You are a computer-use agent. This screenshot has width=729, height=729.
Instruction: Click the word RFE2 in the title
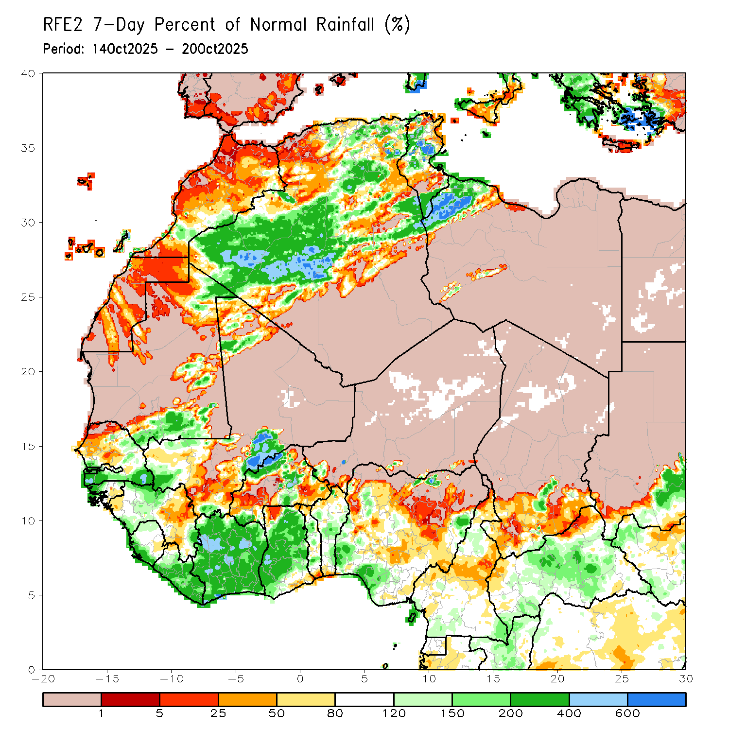click(x=61, y=25)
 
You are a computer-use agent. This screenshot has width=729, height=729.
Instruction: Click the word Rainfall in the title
click(x=345, y=25)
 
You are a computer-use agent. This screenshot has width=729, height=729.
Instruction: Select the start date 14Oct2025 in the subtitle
click(x=125, y=49)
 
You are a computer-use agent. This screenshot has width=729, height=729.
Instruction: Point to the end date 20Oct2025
click(x=215, y=49)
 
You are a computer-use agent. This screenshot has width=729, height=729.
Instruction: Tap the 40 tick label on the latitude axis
click(x=28, y=73)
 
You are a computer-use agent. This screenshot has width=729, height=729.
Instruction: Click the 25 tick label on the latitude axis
click(x=28, y=297)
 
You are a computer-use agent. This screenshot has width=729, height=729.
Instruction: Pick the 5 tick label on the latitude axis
click(x=31, y=595)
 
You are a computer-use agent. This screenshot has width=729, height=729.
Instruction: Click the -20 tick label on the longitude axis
click(x=43, y=679)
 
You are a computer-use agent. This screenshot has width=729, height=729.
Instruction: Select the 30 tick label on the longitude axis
click(x=686, y=679)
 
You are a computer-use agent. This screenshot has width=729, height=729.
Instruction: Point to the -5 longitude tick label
click(x=236, y=679)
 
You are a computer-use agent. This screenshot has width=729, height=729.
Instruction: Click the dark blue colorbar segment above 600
click(x=657, y=699)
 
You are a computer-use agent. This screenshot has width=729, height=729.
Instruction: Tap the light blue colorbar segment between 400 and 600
click(x=598, y=699)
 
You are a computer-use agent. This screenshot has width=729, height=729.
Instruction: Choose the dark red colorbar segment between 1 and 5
click(x=130, y=699)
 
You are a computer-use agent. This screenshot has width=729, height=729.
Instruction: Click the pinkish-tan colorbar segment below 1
click(x=72, y=699)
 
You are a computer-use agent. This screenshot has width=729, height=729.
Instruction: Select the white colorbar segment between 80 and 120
click(x=364, y=699)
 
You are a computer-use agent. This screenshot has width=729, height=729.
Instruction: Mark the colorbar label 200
click(x=511, y=713)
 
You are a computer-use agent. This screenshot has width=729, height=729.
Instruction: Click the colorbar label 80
click(x=335, y=713)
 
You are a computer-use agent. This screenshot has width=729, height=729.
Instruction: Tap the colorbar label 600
click(x=627, y=713)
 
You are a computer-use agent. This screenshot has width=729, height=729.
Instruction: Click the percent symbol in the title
click(x=398, y=25)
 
